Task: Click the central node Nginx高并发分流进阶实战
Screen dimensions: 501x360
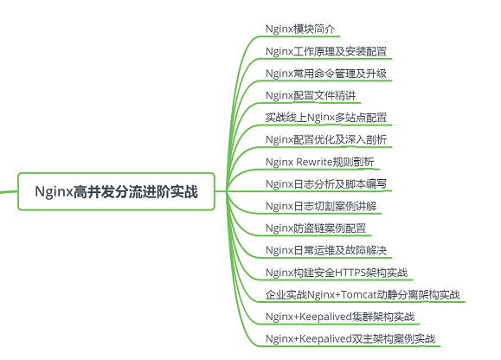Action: click(x=116, y=191)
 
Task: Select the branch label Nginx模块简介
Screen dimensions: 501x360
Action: click(x=300, y=29)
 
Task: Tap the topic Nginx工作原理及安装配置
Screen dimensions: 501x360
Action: click(x=326, y=51)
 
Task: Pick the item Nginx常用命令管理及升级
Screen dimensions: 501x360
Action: click(x=326, y=74)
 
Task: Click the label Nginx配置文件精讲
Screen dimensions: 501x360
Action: click(x=311, y=95)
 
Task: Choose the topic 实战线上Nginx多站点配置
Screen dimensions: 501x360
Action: click(x=326, y=118)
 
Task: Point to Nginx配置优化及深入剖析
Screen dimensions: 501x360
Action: click(x=326, y=139)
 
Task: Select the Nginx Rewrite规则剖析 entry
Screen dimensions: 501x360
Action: click(x=320, y=162)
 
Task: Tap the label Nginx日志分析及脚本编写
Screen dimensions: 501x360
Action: click(x=326, y=184)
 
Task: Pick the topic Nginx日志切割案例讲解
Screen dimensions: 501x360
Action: click(x=321, y=206)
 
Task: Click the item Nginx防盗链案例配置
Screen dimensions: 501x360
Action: click(x=316, y=228)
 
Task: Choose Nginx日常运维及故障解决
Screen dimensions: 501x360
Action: click(x=326, y=250)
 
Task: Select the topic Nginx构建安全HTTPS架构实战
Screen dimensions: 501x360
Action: click(x=337, y=273)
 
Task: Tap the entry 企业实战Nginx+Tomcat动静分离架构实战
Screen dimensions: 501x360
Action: click(x=363, y=294)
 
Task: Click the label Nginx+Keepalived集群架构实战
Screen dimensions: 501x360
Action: click(x=340, y=317)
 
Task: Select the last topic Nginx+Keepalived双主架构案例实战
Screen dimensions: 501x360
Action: click(x=350, y=338)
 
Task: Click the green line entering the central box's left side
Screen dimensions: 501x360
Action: click(x=9, y=191)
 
